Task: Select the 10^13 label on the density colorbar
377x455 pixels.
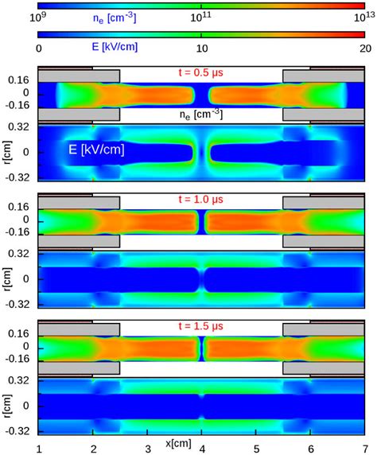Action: [x=360, y=14]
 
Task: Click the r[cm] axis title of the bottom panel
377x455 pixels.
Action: [x=10, y=406]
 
